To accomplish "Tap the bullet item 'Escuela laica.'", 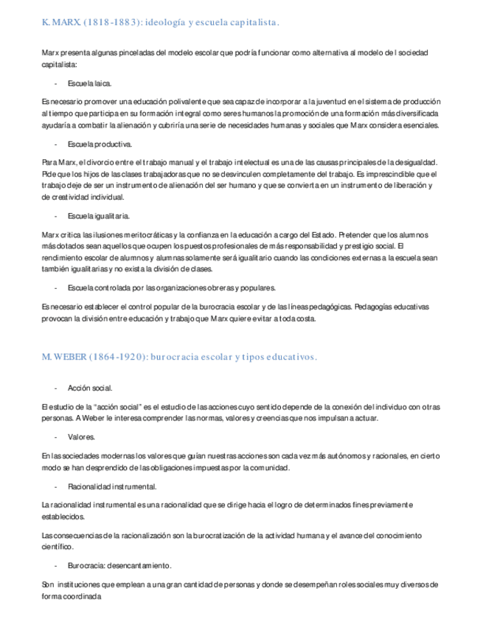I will pyautogui.click(x=89, y=84).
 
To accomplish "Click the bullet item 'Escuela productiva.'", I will pyautogui.click(x=100, y=144).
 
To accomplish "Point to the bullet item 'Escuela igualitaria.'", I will pyautogui.click(x=99, y=216).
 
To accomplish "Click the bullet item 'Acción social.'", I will pyautogui.click(x=90, y=388).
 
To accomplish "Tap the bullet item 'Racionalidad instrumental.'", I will pyautogui.click(x=111, y=486).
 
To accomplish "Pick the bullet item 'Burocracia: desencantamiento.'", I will pyautogui.click(x=119, y=565).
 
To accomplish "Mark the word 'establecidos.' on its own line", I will pyautogui.click(x=64, y=517).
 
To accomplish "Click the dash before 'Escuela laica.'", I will pyautogui.click(x=55, y=84).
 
